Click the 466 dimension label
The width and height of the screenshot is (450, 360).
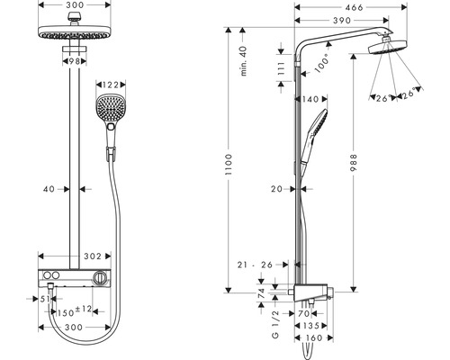(354, 7)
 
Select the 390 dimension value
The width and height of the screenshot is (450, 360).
(342, 21)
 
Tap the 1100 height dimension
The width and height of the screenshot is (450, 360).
(229, 165)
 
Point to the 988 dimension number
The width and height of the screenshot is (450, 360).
(354, 163)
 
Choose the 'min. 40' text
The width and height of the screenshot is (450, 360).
(244, 60)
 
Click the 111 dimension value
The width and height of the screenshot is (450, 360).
(281, 69)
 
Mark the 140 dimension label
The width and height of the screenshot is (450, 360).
(310, 99)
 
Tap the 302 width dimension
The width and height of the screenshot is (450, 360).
(93, 256)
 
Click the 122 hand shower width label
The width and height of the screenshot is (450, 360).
(111, 85)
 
